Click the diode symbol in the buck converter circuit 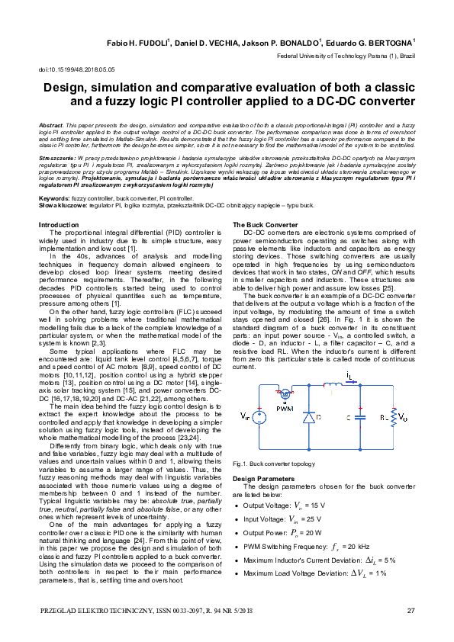[x=308, y=419]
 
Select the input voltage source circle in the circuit [x=259, y=417]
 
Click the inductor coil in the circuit [x=333, y=384]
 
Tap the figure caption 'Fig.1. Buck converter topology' [x=272, y=463]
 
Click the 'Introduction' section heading [x=59, y=225]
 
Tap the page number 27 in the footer [x=411, y=610]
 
